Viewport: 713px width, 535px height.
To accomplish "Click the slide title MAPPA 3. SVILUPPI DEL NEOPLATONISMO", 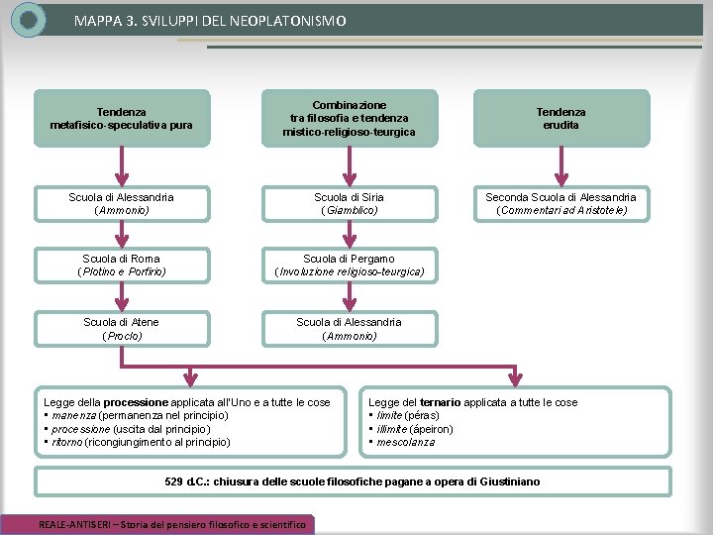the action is coord(210,21).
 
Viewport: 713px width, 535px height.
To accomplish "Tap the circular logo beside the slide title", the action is coord(28,20).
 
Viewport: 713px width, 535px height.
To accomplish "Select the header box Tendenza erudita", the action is coord(561,118).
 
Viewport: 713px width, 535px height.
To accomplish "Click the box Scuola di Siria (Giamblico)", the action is coord(350,204).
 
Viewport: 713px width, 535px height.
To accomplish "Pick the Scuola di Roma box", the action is coord(122,266).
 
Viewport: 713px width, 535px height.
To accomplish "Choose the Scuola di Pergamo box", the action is coord(350,266).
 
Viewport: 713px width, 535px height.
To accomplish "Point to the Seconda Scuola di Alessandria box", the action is coord(561,204).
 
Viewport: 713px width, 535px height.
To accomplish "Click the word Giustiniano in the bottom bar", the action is coord(510,481).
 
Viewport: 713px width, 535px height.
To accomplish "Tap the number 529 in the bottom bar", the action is coord(173,481).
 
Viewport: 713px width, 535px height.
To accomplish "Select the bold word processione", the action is coord(136,402).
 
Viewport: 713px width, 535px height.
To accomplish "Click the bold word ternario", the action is coord(440,402).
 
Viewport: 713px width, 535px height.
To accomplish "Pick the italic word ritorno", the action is coord(67,442).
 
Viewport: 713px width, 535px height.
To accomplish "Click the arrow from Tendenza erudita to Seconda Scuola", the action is coord(561,166).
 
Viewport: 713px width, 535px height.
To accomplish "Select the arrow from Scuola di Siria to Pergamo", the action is coord(350,235).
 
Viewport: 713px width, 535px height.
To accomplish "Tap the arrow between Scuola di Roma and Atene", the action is coord(122,297).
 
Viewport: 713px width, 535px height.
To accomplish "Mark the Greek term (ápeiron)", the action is coord(432,429).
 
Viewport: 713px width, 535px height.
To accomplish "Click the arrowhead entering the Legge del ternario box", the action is coord(515,378).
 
